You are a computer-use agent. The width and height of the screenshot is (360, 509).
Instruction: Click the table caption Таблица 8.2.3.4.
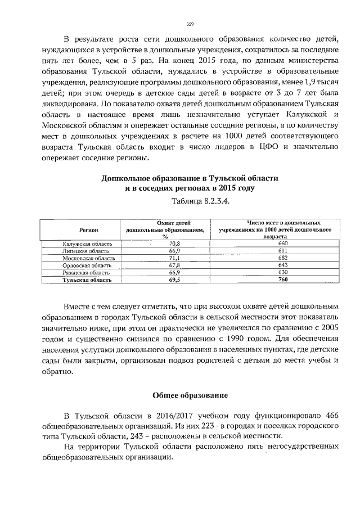point(190,200)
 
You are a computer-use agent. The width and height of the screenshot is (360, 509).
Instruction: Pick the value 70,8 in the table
point(166,244)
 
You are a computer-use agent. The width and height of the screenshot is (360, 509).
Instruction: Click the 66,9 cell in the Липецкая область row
point(166,251)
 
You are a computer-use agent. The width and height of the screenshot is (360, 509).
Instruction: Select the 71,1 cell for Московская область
point(166,258)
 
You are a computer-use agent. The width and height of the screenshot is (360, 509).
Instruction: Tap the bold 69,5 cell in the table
point(166,280)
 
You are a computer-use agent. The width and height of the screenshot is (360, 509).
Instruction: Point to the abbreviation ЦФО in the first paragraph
point(274,147)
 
